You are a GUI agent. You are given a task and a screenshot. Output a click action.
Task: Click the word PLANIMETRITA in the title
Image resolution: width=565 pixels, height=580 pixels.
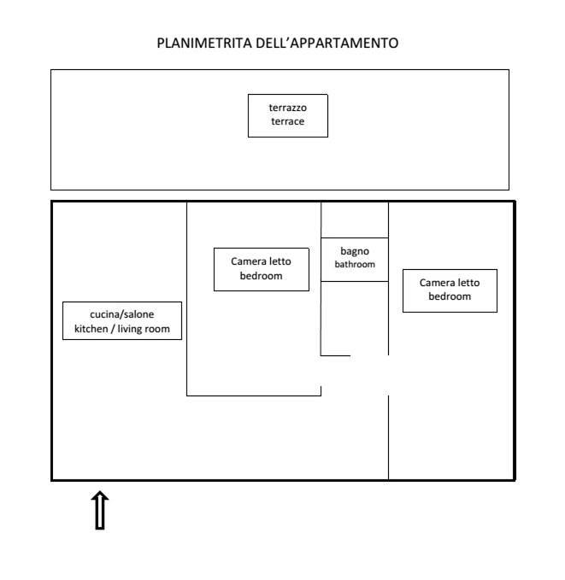coord(203,43)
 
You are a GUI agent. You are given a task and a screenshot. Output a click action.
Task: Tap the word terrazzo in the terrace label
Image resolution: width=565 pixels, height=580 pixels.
coord(288,108)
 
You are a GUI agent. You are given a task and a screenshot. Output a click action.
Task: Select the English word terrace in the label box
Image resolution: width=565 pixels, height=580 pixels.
coord(288,122)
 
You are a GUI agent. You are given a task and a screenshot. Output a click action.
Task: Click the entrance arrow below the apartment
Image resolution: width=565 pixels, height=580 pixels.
coord(100,510)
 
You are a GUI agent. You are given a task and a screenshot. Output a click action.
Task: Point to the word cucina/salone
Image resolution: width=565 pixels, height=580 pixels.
coord(122,314)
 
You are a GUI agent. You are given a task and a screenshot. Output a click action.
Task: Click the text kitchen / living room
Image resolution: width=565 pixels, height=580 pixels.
coord(122,328)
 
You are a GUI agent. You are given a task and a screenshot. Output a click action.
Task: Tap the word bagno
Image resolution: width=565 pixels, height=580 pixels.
coord(354,251)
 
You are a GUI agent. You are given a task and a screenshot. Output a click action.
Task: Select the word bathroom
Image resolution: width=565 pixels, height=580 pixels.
coord(354,265)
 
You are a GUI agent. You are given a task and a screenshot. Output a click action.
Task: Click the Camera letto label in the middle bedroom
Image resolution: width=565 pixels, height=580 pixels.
coord(261,262)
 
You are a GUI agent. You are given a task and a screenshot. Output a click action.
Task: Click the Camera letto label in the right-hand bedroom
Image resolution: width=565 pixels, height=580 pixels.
coord(450,283)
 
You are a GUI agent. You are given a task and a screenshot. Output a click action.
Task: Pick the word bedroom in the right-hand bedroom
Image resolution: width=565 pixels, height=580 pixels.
coord(450,296)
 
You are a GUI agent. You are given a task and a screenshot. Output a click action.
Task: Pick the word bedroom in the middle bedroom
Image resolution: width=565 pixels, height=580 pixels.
coord(261,276)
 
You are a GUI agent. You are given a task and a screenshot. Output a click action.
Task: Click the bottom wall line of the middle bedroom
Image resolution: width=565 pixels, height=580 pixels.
coord(253,395)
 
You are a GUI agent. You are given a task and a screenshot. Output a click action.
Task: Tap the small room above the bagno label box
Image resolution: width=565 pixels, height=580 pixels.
coord(354,219)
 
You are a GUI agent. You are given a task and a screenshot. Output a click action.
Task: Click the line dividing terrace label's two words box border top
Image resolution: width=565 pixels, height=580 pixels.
coord(288,95)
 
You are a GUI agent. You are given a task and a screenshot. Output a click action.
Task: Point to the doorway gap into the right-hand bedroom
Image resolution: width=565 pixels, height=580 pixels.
coord(389,375)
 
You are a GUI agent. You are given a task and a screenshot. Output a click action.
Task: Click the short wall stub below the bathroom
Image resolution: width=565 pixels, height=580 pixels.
coord(335,354)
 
